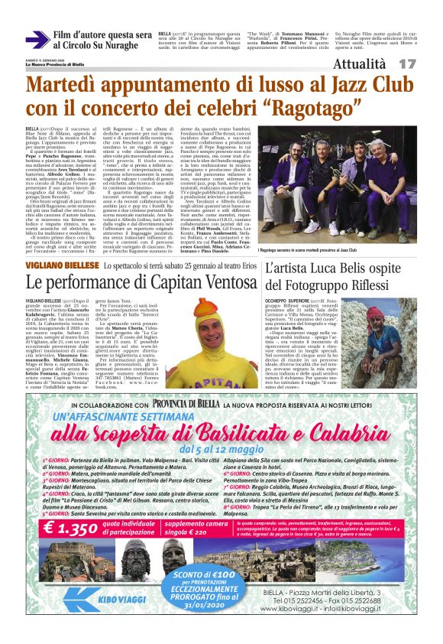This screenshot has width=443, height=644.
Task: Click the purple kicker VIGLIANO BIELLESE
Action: click(56, 262)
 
